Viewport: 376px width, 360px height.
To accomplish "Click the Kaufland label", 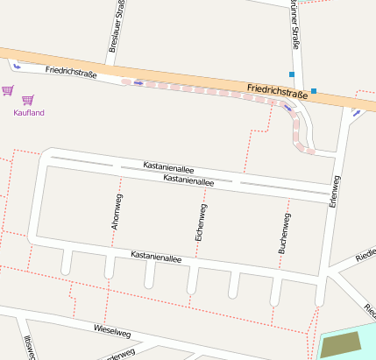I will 29,113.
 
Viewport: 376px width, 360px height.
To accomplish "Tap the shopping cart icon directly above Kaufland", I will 28,100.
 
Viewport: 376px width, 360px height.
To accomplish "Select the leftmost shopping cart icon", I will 8,89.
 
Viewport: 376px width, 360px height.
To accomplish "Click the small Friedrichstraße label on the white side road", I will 70,72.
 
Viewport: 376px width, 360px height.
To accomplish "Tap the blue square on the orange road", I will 313,90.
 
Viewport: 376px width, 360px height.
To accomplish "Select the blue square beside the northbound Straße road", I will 292,74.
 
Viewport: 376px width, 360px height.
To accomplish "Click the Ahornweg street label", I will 115,210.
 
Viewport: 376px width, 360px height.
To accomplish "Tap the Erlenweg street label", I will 333,190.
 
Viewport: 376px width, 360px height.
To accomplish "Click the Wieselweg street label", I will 111,332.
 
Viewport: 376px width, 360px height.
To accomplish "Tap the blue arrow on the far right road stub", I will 356,112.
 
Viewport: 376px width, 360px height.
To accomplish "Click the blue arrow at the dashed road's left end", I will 138,83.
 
